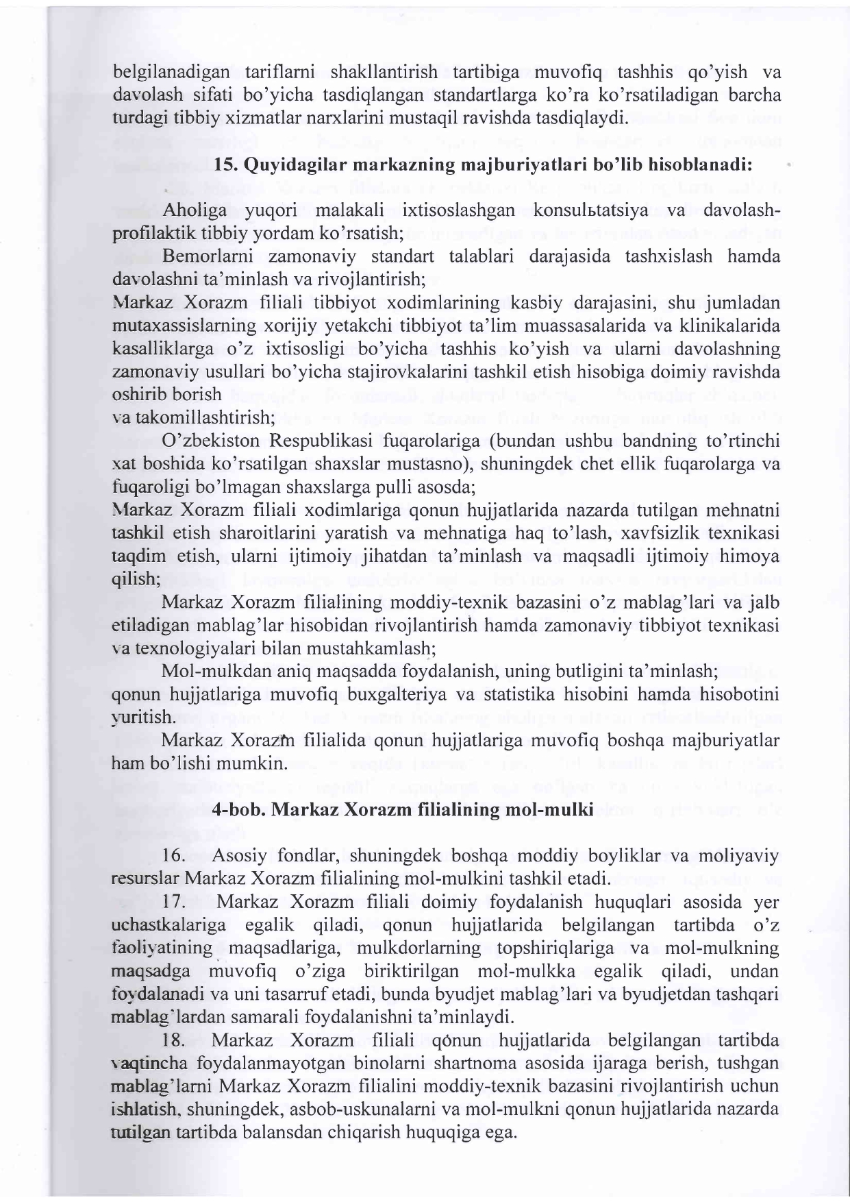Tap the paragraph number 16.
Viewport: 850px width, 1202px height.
coord(175,856)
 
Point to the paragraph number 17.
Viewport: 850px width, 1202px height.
coord(175,902)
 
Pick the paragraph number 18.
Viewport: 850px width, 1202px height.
coord(175,1041)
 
